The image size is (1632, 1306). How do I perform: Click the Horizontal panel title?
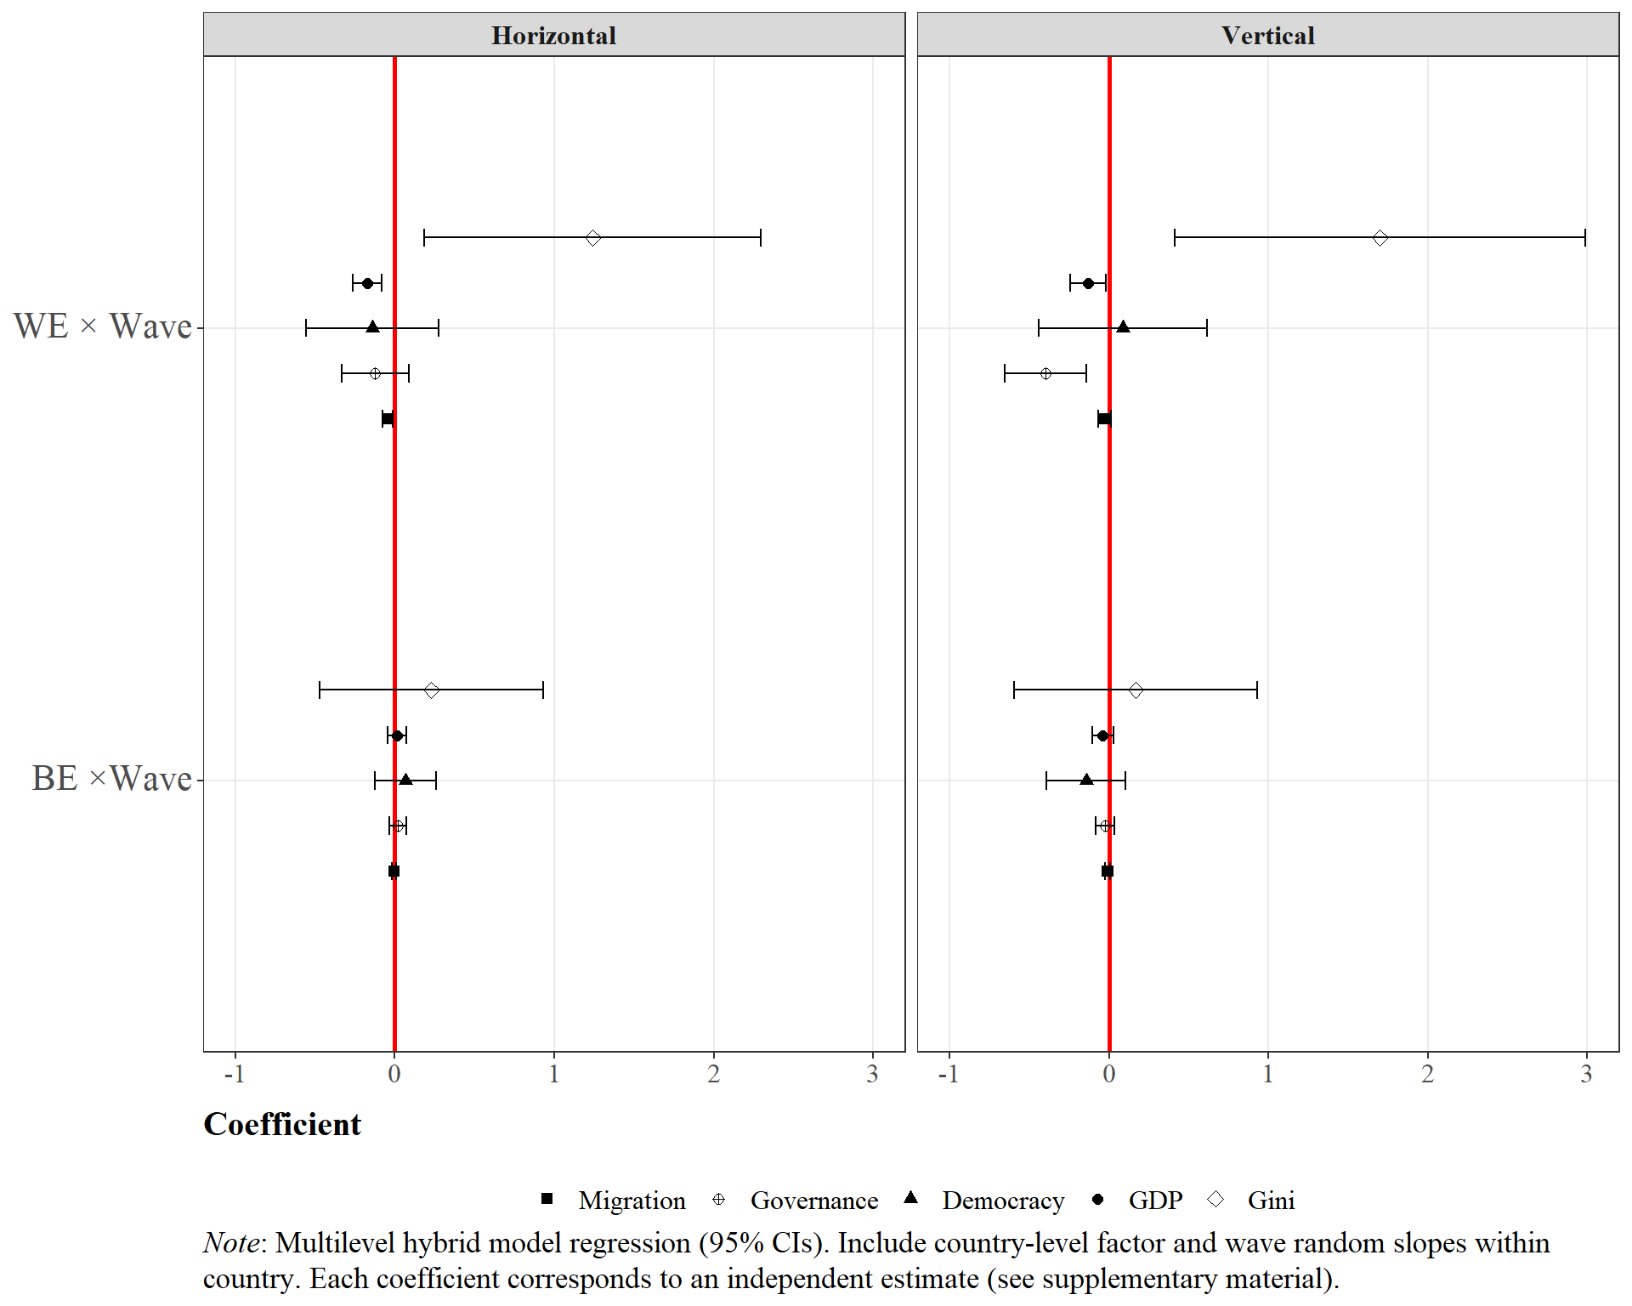(553, 36)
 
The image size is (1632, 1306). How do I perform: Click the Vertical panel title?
(1267, 36)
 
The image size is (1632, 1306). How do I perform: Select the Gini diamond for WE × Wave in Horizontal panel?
(593, 238)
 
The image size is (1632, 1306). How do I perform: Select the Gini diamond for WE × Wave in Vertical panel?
(1380, 238)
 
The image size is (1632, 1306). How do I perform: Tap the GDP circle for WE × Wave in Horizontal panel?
(367, 283)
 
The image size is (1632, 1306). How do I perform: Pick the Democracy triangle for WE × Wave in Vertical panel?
(1123, 327)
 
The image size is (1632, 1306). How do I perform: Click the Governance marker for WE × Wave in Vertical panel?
(1045, 373)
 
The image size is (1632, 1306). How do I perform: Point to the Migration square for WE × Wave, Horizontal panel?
(388, 418)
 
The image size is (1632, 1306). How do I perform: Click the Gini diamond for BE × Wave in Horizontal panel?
(432, 690)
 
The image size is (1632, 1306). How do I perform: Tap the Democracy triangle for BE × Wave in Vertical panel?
(1086, 780)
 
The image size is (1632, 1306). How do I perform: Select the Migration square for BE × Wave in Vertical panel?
(1108, 871)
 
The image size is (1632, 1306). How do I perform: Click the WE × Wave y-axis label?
(103, 326)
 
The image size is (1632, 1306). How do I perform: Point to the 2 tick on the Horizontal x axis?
(714, 1075)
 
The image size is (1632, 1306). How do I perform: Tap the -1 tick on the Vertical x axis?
(949, 1075)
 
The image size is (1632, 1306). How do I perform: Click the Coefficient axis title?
(282, 1124)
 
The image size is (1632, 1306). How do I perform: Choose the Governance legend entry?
(813, 1201)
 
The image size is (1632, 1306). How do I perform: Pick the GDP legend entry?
(1155, 1201)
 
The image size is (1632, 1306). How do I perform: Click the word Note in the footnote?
(231, 1243)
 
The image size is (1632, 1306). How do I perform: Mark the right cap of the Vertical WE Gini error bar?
(1585, 238)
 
